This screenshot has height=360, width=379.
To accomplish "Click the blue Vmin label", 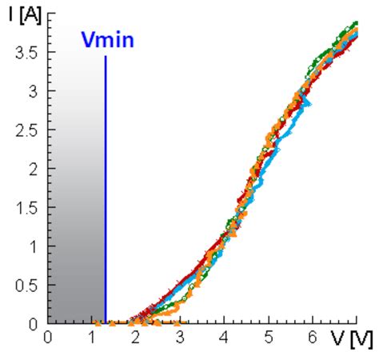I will [x=106, y=40].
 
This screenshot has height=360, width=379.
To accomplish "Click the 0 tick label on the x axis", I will [x=49, y=338].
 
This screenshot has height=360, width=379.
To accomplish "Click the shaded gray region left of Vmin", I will [x=77, y=200].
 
